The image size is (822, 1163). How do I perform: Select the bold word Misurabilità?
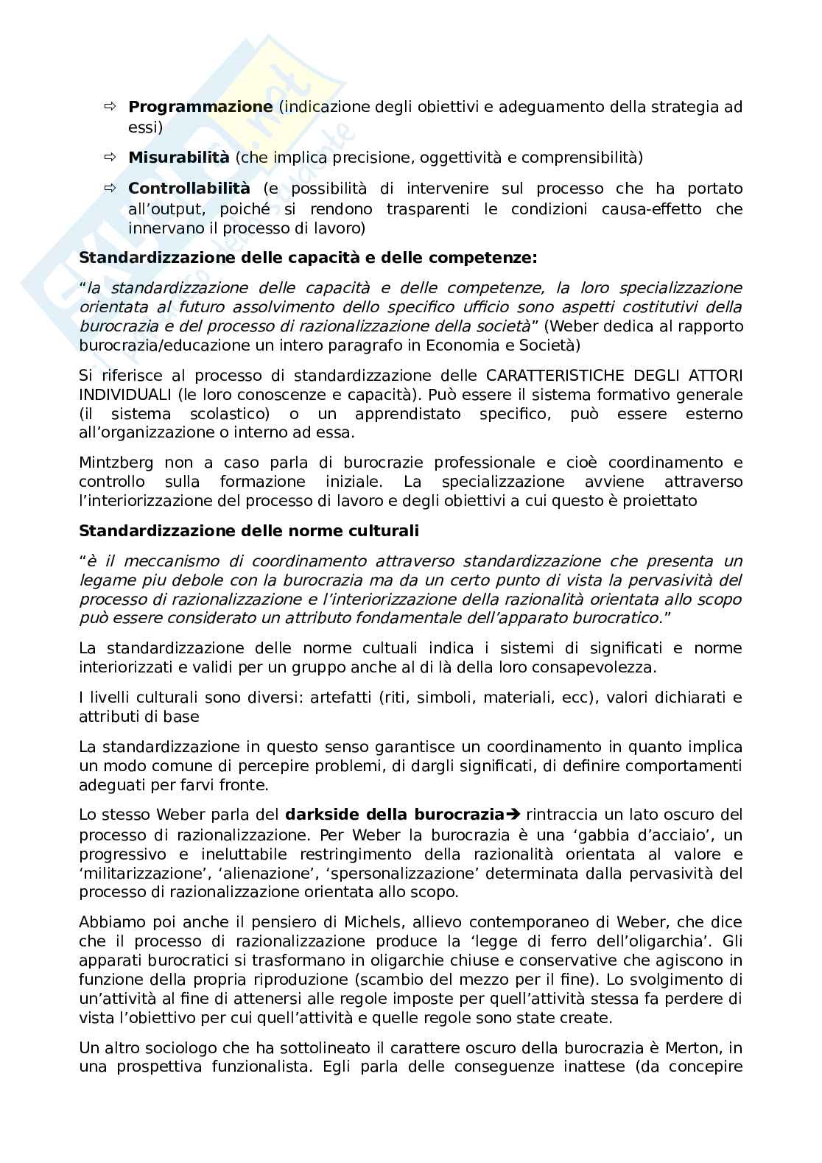point(178,157)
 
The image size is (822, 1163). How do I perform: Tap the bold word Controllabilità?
point(189,189)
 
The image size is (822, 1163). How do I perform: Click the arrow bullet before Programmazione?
point(110,107)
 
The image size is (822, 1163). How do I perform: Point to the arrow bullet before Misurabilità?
point(110,157)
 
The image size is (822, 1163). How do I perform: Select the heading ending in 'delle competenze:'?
point(308,258)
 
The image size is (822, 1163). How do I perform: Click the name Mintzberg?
point(116,463)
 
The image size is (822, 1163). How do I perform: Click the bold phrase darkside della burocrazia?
point(394,815)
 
